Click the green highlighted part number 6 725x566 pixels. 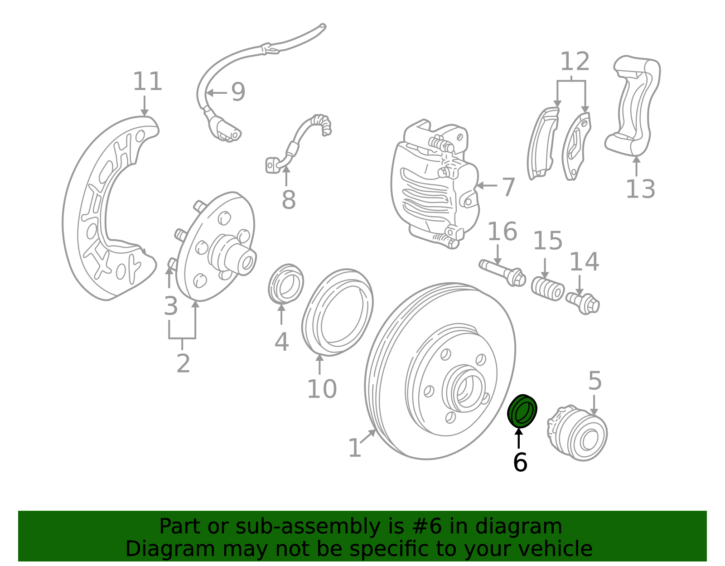[x=522, y=411]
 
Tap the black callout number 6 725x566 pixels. [x=520, y=463]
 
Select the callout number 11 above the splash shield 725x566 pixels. [x=147, y=82]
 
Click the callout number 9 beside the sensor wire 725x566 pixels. [x=238, y=92]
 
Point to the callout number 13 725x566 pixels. [x=640, y=189]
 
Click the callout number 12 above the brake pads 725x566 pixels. [x=575, y=62]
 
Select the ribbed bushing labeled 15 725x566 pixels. [x=548, y=289]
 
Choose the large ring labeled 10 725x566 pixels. [x=338, y=312]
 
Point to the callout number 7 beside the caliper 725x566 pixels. [x=508, y=187]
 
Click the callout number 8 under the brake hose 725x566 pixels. [x=288, y=200]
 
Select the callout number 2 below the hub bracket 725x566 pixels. [x=183, y=363]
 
